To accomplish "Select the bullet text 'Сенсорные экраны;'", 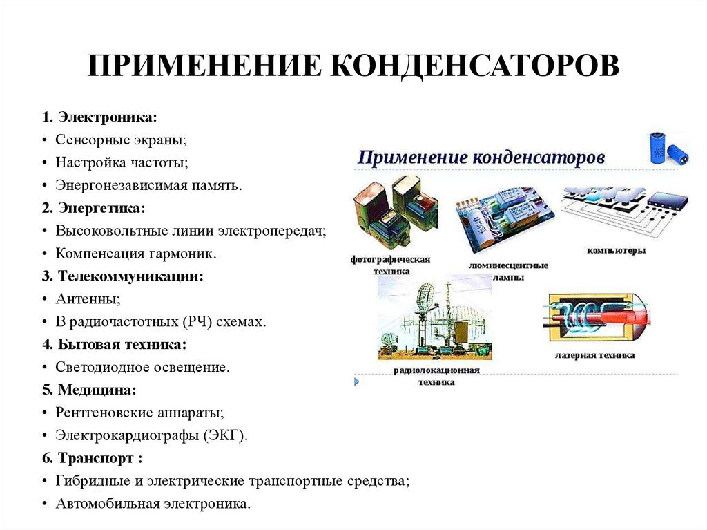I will [x=122, y=140].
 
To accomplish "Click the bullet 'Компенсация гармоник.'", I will [x=136, y=253].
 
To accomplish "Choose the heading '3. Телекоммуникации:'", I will [x=131, y=276].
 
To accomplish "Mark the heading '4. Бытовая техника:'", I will [x=123, y=343].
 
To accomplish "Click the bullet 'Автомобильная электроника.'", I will [x=153, y=503].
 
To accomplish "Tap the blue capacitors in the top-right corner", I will [x=668, y=147].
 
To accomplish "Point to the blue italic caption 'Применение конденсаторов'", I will [x=481, y=158].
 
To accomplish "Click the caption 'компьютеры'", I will [x=616, y=250].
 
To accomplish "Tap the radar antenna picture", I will [x=435, y=318].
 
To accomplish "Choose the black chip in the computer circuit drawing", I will [x=666, y=205].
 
